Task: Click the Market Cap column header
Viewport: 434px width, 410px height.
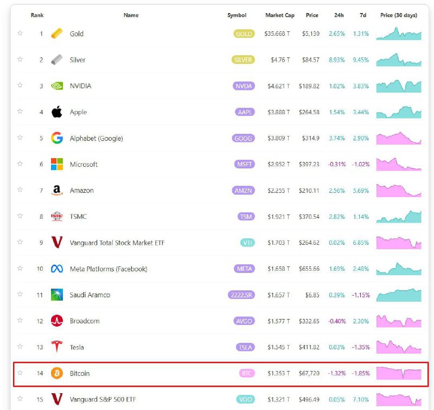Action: [279, 15]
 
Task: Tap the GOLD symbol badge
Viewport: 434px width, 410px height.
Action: [244, 34]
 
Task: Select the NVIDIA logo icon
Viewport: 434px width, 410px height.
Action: [57, 86]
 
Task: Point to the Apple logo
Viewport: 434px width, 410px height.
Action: [57, 112]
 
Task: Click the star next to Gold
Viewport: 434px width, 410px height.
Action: [20, 33]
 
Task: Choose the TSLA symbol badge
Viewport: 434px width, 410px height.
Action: [245, 347]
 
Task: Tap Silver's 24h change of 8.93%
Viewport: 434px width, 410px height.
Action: [336, 60]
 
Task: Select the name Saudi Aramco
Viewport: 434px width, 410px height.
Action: [90, 295]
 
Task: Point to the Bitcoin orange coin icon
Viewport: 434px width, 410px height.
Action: [57, 373]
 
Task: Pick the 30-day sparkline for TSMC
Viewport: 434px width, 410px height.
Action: [399, 216]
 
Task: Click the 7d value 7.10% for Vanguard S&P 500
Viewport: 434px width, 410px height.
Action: [361, 399]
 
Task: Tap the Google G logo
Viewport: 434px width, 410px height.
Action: [57, 138]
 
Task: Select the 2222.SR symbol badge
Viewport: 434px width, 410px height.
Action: [241, 295]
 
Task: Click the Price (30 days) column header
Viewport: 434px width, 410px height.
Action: [399, 15]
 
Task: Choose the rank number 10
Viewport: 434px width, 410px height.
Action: [40, 269]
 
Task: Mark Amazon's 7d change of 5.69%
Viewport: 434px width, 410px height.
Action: [361, 191]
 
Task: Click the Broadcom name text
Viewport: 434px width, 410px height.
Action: [85, 321]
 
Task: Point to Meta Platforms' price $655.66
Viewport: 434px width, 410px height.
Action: [309, 269]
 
